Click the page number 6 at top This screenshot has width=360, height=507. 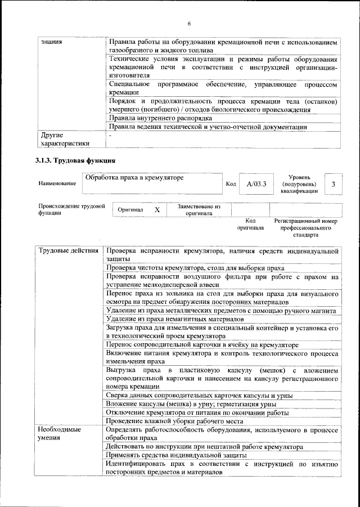[x=189, y=23]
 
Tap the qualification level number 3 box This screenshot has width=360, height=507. [x=334, y=183]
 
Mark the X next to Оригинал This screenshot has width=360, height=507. [x=157, y=209]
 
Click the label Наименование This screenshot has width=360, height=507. [x=57, y=183]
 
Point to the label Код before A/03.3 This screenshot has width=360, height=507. [x=231, y=183]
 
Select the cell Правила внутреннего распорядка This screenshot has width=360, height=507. [x=160, y=119]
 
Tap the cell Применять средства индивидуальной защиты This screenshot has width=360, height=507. [x=176, y=454]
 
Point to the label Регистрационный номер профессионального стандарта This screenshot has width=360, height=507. [x=305, y=228]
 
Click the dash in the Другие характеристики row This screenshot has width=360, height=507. [x=110, y=136]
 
